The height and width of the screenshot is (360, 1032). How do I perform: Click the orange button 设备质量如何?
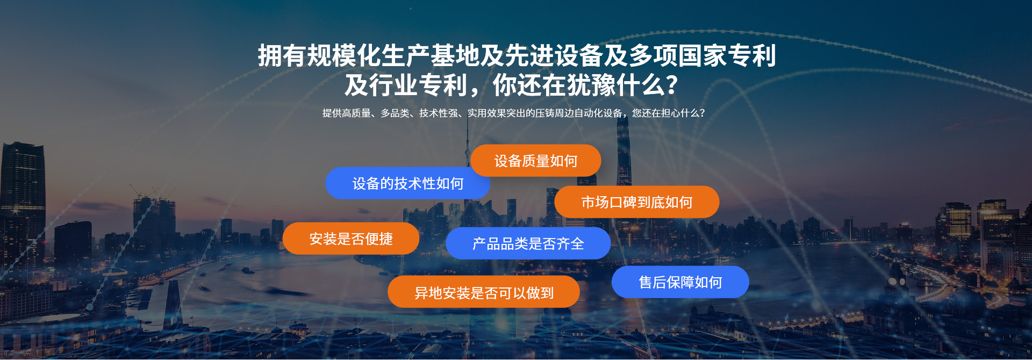click(x=536, y=161)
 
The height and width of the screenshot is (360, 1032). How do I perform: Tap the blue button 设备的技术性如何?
click(x=407, y=183)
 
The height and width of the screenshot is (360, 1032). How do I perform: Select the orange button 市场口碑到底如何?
click(x=637, y=202)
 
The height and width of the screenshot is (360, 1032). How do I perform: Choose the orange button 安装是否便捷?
click(x=351, y=239)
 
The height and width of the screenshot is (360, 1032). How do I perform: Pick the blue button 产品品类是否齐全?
click(x=528, y=243)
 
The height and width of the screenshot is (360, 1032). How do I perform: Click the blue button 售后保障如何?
click(x=680, y=282)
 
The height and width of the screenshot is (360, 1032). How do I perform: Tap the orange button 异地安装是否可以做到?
click(x=484, y=292)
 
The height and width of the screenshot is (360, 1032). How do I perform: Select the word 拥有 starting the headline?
click(x=282, y=56)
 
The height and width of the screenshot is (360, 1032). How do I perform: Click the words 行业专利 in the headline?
click(x=418, y=85)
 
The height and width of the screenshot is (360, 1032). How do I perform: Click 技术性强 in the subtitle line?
click(x=439, y=113)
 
